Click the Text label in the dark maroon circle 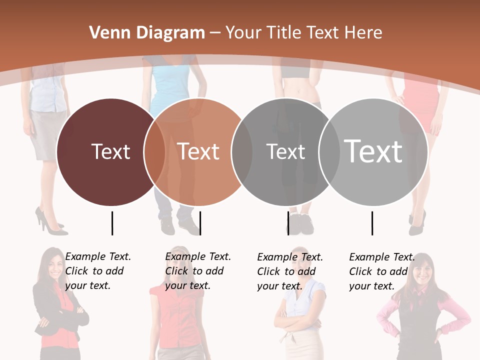click(110, 151)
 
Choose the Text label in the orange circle click(198, 151)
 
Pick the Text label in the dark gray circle click(285, 151)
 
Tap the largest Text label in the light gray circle click(373, 151)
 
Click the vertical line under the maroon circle click(112, 223)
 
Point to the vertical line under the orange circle click(200, 223)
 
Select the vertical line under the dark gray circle click(288, 223)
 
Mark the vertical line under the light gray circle click(372, 223)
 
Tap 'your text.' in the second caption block click(187, 285)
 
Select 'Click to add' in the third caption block click(286, 271)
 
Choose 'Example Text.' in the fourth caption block click(382, 257)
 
